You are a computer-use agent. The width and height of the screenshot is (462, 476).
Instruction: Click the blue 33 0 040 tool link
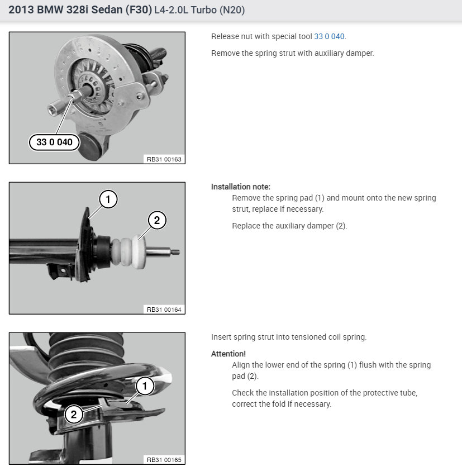[x=330, y=36]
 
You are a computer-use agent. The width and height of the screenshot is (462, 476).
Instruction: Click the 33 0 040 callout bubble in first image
[x=54, y=142]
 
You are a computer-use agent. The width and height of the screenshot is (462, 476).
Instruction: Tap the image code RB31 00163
[x=164, y=159]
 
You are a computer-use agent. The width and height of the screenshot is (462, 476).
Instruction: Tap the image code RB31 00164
[x=164, y=309]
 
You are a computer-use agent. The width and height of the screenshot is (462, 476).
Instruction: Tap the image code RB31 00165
[x=164, y=460]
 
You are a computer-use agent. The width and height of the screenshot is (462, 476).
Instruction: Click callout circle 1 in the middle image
[x=108, y=199]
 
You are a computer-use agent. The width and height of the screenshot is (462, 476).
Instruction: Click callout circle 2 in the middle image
[x=156, y=220]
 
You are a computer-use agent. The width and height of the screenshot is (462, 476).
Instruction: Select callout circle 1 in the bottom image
[x=145, y=385]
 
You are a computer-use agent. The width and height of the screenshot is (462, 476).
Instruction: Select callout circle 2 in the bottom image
[x=73, y=415]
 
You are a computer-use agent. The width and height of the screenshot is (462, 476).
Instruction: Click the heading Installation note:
[x=240, y=187]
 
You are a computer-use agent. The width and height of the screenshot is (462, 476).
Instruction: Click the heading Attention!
[x=228, y=354]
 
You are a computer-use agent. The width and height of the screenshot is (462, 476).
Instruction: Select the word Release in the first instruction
[x=225, y=36]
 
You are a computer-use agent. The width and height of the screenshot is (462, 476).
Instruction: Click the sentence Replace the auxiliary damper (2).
[x=289, y=226]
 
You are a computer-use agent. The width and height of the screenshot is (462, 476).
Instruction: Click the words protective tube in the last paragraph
[x=393, y=393]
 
